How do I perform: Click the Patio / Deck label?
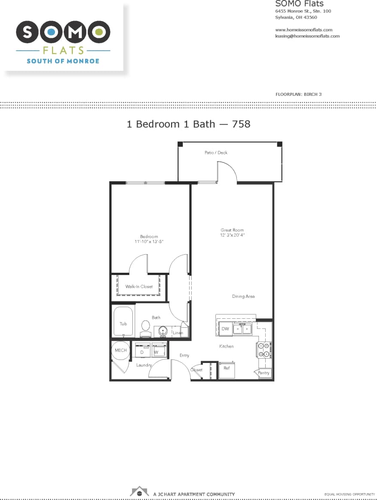point(216,152)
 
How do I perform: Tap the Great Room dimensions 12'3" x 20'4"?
point(232,235)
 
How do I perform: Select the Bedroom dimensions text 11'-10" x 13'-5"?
point(149,242)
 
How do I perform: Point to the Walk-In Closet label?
point(139,287)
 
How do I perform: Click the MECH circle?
point(120,351)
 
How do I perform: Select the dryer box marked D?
point(142,351)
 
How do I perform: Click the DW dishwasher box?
point(225,329)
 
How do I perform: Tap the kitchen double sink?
point(242,329)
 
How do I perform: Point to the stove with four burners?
point(264,350)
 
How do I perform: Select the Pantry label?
point(264,373)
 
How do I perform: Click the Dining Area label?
point(243,296)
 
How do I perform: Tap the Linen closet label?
point(178,333)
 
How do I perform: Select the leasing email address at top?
point(307,36)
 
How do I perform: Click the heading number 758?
point(241,124)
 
